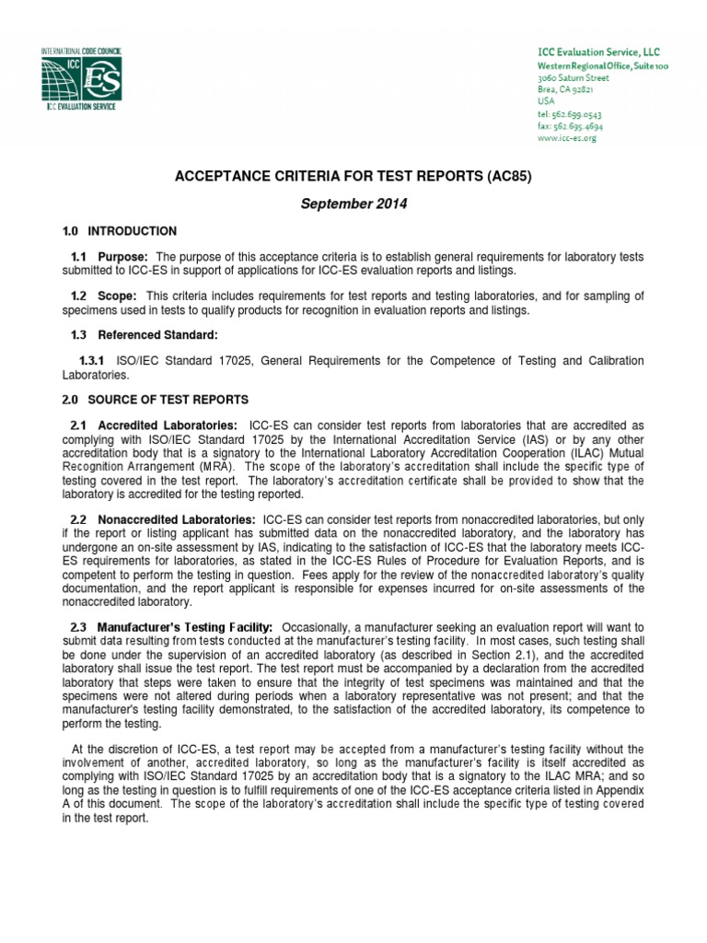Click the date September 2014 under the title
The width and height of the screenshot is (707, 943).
(x=354, y=203)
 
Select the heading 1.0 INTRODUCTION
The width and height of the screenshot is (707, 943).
(x=120, y=231)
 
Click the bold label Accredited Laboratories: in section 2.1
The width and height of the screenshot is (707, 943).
(x=168, y=425)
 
